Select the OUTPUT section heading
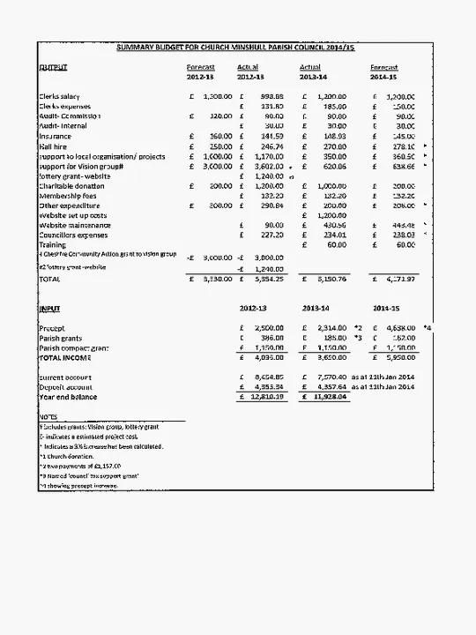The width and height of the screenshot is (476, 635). [53, 67]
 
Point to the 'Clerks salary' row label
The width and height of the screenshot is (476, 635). [60, 96]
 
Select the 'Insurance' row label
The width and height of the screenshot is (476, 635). [55, 136]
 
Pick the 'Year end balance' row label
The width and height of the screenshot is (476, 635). [66, 397]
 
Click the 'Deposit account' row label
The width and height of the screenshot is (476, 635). [65, 387]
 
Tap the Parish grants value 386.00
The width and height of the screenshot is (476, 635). [268, 338]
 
